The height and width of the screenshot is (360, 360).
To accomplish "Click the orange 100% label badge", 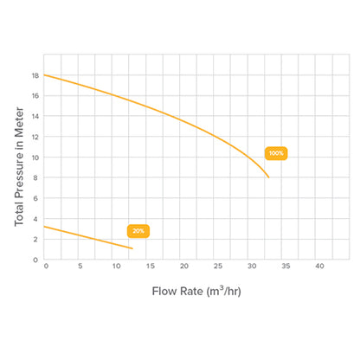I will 276,153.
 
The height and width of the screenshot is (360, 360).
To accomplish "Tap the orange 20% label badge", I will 138,231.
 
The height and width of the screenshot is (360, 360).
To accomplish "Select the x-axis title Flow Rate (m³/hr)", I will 196,291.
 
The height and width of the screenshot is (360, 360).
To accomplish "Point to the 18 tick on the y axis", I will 35,75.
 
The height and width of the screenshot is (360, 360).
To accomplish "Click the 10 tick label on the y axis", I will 35,157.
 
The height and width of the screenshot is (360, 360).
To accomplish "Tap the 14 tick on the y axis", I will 35,117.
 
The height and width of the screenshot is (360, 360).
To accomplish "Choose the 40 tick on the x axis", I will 319,266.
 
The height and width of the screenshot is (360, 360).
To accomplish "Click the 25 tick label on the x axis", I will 217,266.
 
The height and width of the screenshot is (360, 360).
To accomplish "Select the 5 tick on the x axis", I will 80,266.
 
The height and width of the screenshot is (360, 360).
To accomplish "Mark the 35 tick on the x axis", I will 286,266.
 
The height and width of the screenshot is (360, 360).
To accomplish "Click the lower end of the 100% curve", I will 269,177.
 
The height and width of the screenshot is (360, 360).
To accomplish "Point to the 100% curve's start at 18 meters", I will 45,75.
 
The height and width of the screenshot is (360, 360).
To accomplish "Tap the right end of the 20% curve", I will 132,248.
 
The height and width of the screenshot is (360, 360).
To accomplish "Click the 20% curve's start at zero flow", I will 45,227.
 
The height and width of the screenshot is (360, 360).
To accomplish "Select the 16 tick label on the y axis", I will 35,96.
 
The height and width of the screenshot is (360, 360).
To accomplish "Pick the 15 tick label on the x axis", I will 148,266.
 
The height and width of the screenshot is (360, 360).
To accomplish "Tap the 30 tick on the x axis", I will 251,266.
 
